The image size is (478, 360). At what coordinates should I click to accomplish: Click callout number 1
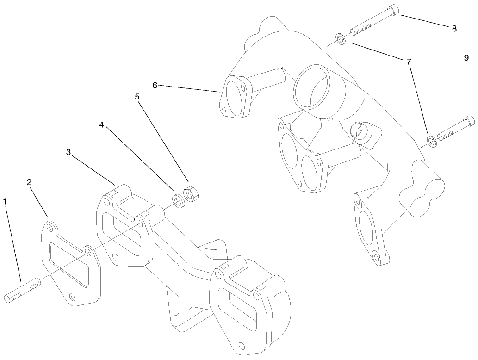pyautogui.click(x=5, y=202)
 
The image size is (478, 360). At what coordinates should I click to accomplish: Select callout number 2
pyautogui.click(x=29, y=183)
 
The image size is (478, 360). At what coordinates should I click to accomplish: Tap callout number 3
pyautogui.click(x=68, y=152)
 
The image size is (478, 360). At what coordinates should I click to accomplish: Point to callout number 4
pyautogui.click(x=101, y=125)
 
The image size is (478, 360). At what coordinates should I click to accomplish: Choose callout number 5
pyautogui.click(x=137, y=97)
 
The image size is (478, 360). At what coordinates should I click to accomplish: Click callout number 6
pyautogui.click(x=155, y=85)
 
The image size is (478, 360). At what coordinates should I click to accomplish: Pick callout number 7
pyautogui.click(x=409, y=61)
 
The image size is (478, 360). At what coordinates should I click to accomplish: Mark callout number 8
pyautogui.click(x=454, y=29)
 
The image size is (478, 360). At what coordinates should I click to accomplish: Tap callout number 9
pyautogui.click(x=466, y=58)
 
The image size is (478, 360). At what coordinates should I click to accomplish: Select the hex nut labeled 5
pyautogui.click(x=190, y=194)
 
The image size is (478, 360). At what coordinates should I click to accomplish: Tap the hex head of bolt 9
pyautogui.click(x=469, y=121)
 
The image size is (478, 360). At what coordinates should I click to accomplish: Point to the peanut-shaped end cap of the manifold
pyautogui.click(x=420, y=199)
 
